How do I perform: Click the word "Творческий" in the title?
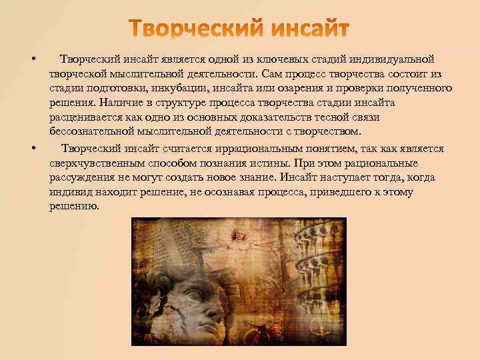(189, 29)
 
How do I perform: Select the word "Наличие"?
(121, 103)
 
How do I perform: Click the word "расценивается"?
(83, 118)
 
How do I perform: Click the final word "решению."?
(73, 207)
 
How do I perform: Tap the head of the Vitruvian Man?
(238, 233)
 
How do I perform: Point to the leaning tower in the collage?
(320, 267)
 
